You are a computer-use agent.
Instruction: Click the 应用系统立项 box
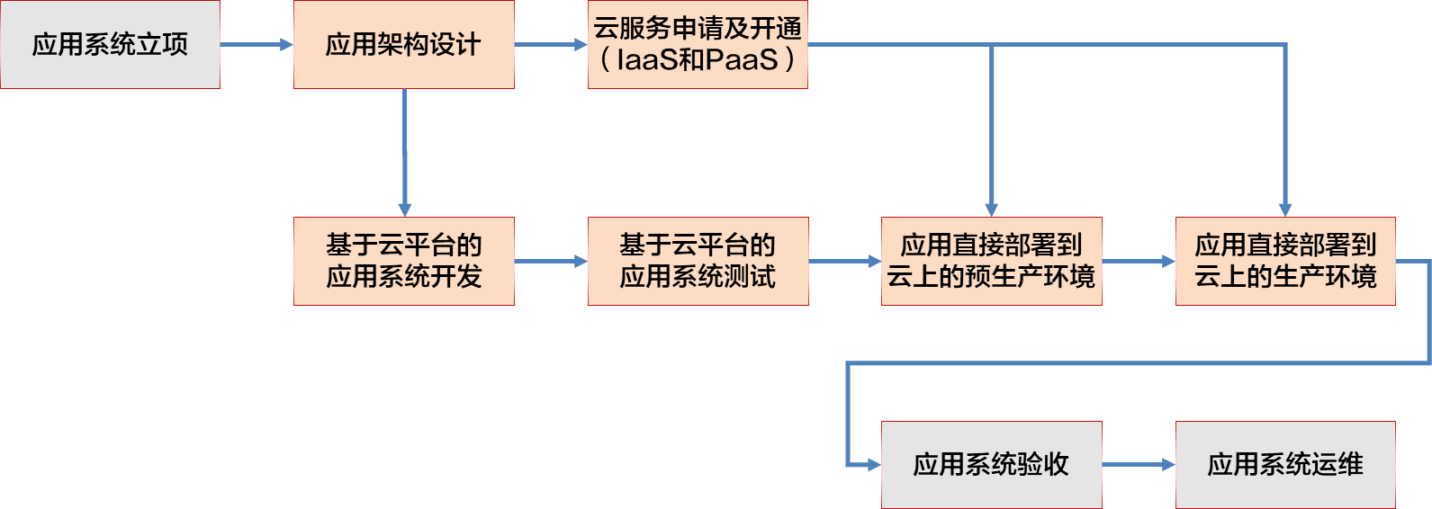[110, 44]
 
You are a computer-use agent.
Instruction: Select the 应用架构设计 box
[404, 44]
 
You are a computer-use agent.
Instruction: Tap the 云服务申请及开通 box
[698, 44]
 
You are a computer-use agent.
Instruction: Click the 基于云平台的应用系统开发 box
[404, 261]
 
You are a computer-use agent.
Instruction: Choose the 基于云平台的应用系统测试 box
[698, 261]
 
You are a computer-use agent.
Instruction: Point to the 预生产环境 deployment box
[992, 261]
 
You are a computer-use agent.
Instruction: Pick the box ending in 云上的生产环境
[1285, 261]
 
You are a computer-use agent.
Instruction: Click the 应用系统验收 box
[992, 465]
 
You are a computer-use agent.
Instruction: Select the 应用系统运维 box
[1285, 465]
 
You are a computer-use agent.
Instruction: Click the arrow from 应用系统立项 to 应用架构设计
[257, 45]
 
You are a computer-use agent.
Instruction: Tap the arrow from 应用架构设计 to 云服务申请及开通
[551, 45]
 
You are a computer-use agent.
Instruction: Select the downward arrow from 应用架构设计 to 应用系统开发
[405, 153]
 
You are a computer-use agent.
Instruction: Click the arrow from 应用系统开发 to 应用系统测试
[551, 261]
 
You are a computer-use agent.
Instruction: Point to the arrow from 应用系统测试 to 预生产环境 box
[845, 261]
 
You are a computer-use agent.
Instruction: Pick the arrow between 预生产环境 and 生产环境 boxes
[1139, 261]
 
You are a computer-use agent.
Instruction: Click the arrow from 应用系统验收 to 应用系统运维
[1139, 465]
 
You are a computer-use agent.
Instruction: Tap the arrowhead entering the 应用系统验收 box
[875, 465]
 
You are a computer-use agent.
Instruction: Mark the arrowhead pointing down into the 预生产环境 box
[992, 210]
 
